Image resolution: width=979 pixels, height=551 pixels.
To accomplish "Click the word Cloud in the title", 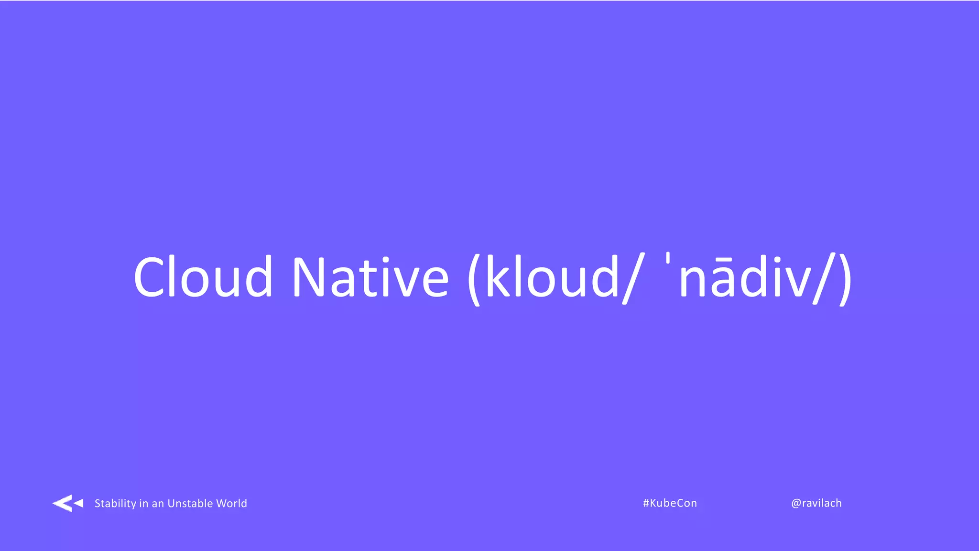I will (x=203, y=277).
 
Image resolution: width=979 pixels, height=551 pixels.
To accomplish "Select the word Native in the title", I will (x=370, y=277).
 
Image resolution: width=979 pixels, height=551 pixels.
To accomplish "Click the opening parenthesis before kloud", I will (x=474, y=279).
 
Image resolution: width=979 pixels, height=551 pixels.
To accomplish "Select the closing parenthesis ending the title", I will (x=845, y=279).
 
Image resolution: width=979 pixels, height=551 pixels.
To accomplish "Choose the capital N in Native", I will (x=309, y=277).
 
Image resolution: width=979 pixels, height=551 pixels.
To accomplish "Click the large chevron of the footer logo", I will (x=62, y=503).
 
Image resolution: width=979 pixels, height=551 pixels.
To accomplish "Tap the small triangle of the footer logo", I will (x=79, y=503).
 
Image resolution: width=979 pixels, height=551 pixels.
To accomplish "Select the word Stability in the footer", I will (x=115, y=503).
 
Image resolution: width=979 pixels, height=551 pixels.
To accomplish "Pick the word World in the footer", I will (x=231, y=503).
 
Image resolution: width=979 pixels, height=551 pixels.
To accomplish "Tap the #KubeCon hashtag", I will (x=670, y=503).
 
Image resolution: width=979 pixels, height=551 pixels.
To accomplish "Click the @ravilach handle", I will (x=816, y=503).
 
